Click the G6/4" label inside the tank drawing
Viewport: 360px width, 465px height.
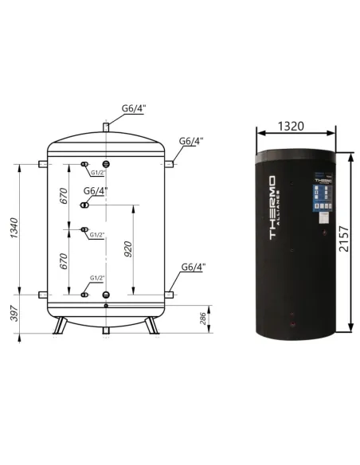pos(93,191)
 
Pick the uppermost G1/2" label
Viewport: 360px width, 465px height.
pos(97,172)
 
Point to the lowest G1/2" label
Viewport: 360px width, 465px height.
pos(97,278)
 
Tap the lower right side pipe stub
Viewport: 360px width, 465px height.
pos(172,295)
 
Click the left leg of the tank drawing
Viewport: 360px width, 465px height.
pos(59,326)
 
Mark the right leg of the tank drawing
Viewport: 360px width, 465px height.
pos(152,326)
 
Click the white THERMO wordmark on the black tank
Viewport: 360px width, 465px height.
pos(271,209)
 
